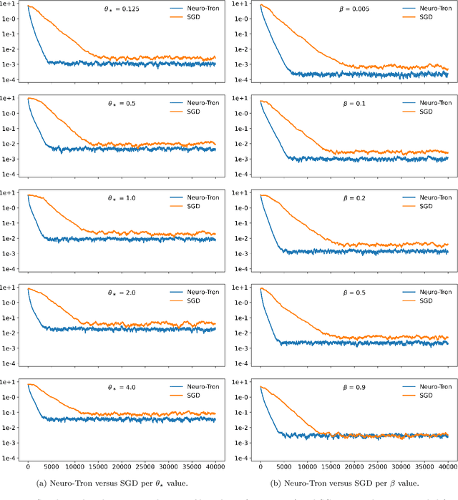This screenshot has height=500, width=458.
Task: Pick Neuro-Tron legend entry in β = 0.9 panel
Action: (429, 387)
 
